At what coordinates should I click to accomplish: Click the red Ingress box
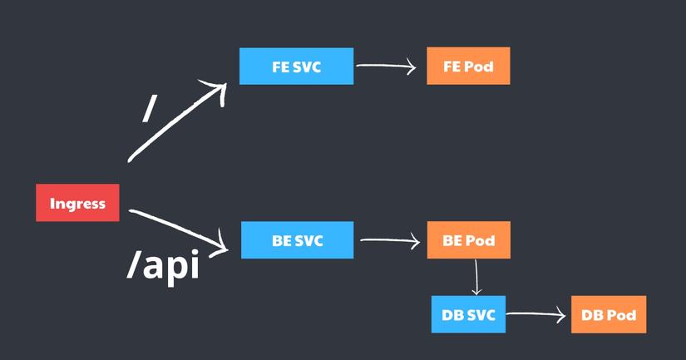(x=77, y=203)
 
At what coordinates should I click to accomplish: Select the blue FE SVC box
(x=296, y=67)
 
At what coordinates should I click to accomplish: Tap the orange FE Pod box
(x=468, y=67)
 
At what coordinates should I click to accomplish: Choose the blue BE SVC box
(x=297, y=241)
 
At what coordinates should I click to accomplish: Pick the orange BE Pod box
(x=468, y=241)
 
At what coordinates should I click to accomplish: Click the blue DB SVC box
(x=468, y=314)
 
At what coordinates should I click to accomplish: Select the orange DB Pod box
(x=609, y=314)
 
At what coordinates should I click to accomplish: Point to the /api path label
(x=164, y=266)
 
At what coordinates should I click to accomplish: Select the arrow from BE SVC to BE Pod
(x=389, y=241)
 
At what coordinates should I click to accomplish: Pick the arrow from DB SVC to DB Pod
(x=536, y=314)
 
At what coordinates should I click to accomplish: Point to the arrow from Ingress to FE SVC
(x=176, y=121)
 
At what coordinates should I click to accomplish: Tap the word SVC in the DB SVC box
(x=480, y=314)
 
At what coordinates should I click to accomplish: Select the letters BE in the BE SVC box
(x=282, y=241)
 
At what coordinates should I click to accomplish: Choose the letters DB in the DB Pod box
(x=593, y=314)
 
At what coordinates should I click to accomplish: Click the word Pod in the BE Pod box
(x=480, y=241)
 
